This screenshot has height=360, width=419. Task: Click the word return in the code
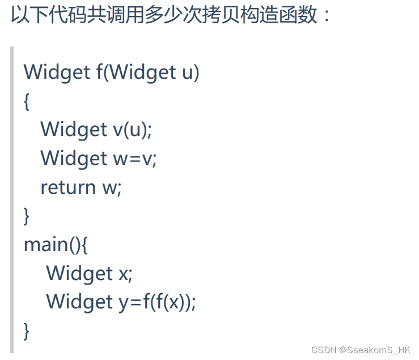(x=68, y=187)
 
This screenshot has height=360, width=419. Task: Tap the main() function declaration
(x=56, y=244)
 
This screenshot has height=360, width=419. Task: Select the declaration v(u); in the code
(x=133, y=129)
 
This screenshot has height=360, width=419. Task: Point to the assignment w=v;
(x=135, y=158)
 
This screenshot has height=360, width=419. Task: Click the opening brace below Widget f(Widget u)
(x=27, y=101)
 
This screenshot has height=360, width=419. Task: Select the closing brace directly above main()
(x=27, y=216)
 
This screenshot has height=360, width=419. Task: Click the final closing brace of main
(x=27, y=331)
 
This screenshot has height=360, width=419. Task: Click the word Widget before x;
(x=79, y=273)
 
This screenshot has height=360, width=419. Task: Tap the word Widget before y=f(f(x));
(x=79, y=302)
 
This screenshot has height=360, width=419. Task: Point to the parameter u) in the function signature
(x=191, y=73)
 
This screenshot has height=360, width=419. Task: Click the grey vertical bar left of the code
(x=12, y=198)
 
